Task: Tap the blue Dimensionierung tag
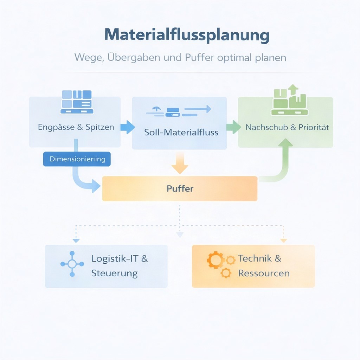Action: (x=77, y=159)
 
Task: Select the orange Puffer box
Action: (x=180, y=188)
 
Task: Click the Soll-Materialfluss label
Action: (x=181, y=133)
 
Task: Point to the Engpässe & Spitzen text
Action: (x=76, y=127)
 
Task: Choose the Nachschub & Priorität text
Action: (x=287, y=127)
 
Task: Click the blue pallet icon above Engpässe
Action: (x=77, y=102)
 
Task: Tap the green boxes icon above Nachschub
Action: (x=290, y=101)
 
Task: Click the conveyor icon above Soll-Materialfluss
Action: (x=179, y=110)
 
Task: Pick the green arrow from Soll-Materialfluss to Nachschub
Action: (x=233, y=127)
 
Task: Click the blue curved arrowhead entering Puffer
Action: (x=96, y=186)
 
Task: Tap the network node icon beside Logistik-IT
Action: (x=72, y=264)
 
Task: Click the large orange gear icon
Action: (x=215, y=261)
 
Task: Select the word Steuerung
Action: (x=114, y=273)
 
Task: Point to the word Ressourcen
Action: (x=264, y=273)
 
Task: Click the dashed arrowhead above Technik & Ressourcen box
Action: (x=283, y=240)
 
